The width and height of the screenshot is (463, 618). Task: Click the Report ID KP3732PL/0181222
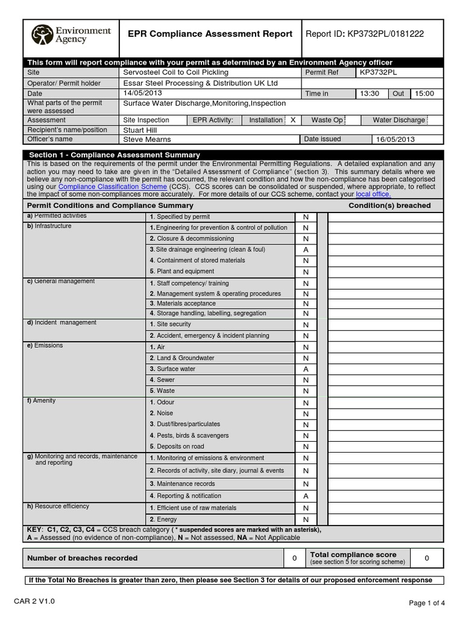click(x=365, y=34)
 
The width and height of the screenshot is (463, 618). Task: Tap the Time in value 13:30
click(x=370, y=94)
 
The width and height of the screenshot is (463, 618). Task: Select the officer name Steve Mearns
click(x=147, y=139)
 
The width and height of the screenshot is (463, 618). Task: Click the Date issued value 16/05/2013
click(x=395, y=139)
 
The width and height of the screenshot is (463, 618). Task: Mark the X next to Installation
click(x=292, y=120)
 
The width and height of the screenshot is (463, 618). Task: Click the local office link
click(x=373, y=195)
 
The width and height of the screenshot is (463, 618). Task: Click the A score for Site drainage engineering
click(x=306, y=250)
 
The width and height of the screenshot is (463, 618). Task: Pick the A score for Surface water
click(x=306, y=369)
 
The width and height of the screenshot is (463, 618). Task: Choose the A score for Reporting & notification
click(x=306, y=496)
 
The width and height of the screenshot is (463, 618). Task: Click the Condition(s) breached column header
click(x=389, y=206)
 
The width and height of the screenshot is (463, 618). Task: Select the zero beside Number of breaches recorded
click(x=294, y=558)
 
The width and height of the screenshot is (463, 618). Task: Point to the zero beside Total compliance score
click(x=426, y=558)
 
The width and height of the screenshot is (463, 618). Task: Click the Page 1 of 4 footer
click(x=427, y=603)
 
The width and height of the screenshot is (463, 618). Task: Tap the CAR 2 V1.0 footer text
click(x=42, y=602)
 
